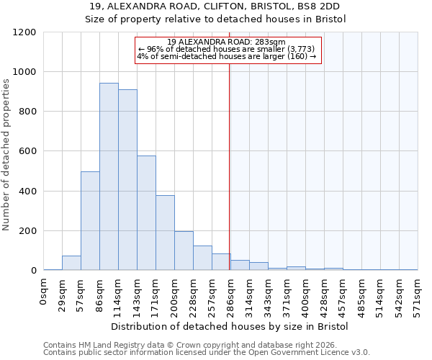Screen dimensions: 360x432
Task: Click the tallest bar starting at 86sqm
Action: tap(109, 176)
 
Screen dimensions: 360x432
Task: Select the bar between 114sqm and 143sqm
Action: tap(127, 180)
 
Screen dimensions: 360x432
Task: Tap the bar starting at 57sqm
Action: tap(90, 221)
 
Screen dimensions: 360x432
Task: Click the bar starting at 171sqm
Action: tap(165, 233)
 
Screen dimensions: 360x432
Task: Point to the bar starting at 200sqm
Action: tap(184, 251)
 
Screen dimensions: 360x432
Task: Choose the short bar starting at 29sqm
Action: tap(71, 263)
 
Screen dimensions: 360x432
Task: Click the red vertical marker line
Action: tap(229, 166)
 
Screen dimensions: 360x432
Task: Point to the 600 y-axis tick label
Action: tap(27, 151)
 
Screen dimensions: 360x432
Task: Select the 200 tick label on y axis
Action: tap(27, 231)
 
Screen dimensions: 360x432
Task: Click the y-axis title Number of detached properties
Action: tap(6, 151)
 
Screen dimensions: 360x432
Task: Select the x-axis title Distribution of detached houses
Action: tap(230, 326)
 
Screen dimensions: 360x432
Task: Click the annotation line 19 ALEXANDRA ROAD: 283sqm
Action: tap(226, 42)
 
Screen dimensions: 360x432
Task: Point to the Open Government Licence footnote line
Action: tap(207, 352)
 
